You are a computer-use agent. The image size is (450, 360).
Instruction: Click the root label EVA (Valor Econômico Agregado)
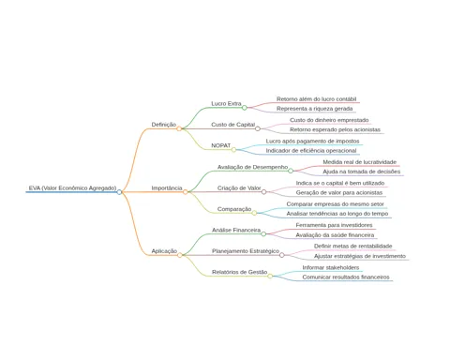tap(72, 188)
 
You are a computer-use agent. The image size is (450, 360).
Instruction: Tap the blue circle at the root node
tap(119, 192)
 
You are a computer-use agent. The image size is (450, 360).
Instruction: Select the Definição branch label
tap(164, 125)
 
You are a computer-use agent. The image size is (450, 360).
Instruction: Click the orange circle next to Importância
tap(186, 192)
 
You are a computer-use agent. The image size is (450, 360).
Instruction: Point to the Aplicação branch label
tap(164, 251)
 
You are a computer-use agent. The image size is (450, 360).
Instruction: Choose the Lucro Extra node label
tap(226, 104)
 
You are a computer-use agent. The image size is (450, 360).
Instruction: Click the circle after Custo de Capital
tap(258, 128)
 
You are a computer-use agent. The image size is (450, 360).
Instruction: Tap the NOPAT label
tap(221, 145)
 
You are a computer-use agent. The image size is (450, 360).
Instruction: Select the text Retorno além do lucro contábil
tap(316, 99)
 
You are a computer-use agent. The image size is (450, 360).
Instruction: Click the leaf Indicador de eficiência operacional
tap(311, 151)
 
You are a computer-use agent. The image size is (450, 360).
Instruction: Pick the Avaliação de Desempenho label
tap(252, 167)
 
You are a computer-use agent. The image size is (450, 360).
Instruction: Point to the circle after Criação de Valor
tap(263, 192)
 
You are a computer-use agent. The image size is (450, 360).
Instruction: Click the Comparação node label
tap(234, 209)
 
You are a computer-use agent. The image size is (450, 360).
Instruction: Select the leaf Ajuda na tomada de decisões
tap(362, 172)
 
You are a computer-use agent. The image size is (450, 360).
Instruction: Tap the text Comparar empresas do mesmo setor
tap(336, 204)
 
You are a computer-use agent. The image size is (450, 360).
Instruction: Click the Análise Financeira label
tap(236, 230)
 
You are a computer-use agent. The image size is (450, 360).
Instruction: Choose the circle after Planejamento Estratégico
tap(282, 255)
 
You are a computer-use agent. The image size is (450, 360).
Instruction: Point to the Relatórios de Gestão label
tap(240, 272)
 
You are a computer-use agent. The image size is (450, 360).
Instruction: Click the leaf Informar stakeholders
tap(331, 267)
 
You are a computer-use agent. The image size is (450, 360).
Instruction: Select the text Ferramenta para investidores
tap(334, 225)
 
